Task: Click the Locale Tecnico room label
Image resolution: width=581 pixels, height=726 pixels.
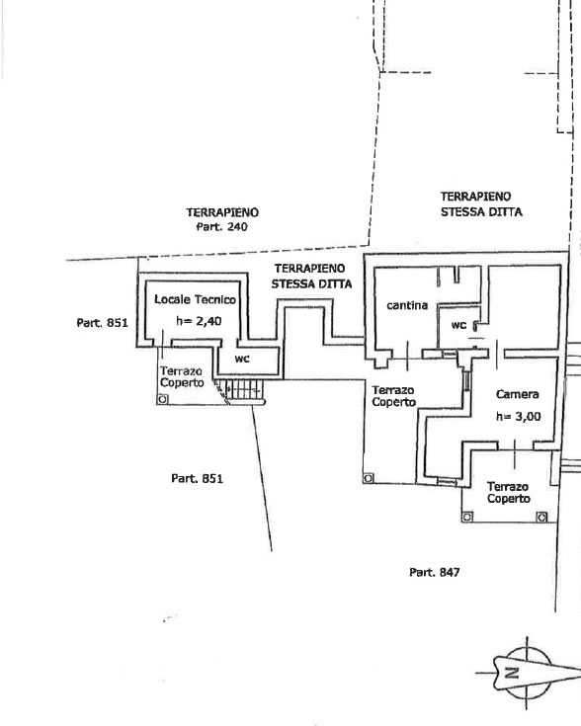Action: tap(195, 299)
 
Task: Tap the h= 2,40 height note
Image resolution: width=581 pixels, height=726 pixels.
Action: tap(199, 321)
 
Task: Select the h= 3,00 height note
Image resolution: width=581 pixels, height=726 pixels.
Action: tap(519, 416)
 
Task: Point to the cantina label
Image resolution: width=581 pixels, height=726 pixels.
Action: tap(407, 305)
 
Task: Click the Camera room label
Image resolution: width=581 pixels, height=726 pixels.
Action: tap(517, 394)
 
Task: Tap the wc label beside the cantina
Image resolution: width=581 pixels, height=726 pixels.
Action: tap(458, 326)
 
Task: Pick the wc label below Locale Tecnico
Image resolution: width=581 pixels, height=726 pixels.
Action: tap(242, 359)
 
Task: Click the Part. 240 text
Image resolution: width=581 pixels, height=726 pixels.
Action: tap(222, 227)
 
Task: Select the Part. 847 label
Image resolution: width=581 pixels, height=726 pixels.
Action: tap(435, 573)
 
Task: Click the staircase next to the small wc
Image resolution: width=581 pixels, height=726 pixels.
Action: tap(243, 392)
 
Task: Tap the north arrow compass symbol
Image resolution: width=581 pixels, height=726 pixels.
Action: tap(529, 673)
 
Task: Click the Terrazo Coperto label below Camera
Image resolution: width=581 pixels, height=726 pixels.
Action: tap(508, 493)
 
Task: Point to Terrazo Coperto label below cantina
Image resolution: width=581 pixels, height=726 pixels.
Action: tap(393, 396)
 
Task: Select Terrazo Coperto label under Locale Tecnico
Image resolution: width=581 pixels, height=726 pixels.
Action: tap(182, 377)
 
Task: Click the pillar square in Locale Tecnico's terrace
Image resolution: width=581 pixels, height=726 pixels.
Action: tap(162, 399)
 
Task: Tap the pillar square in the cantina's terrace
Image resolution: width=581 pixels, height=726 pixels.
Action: tap(369, 478)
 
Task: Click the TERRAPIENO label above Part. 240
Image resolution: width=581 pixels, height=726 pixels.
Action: tap(222, 212)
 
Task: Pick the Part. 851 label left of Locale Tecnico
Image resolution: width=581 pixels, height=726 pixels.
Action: tap(102, 323)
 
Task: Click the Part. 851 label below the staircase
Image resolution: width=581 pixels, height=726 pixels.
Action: tap(197, 478)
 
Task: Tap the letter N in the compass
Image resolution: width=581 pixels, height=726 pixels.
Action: tap(512, 673)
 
